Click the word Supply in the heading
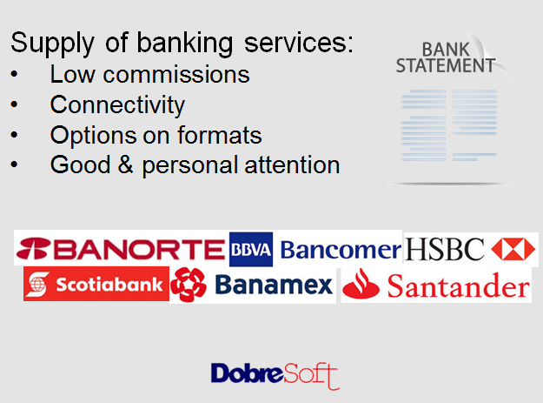pyautogui.click(x=52, y=44)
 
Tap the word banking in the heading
pyautogui.click(x=184, y=44)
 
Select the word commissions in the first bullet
pyautogui.click(x=176, y=74)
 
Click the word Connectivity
pyautogui.click(x=117, y=104)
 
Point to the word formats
pyautogui.click(x=220, y=135)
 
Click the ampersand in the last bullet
pyautogui.click(x=125, y=165)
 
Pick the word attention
pyautogui.click(x=292, y=165)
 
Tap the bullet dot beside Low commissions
pyautogui.click(x=14, y=74)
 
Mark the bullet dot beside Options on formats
pyautogui.click(x=14, y=135)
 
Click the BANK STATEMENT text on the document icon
pyautogui.click(x=446, y=57)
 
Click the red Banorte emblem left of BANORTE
pyautogui.click(x=33, y=248)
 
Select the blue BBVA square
pyautogui.click(x=251, y=249)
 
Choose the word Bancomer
pyautogui.click(x=341, y=250)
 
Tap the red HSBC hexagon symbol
pyautogui.click(x=513, y=249)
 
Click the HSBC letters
pyautogui.click(x=445, y=249)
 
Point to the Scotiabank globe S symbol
pyautogui.click(x=37, y=285)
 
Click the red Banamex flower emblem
pyautogui.click(x=189, y=285)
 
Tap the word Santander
pyautogui.click(x=459, y=285)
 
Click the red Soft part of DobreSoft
pyautogui.click(x=311, y=376)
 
